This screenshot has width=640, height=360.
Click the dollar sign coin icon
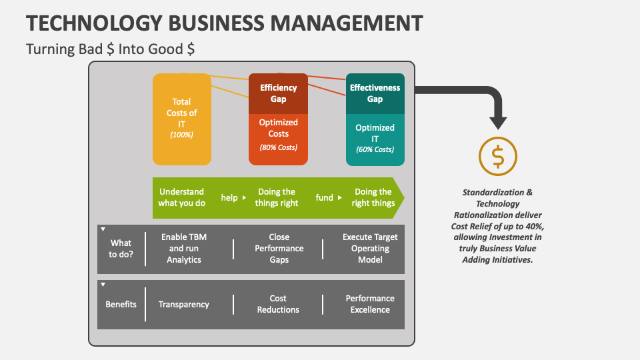(x=497, y=156)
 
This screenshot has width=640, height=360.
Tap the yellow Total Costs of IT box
(x=182, y=119)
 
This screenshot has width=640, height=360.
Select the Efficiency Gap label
(x=278, y=93)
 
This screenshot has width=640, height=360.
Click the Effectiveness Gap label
(x=375, y=93)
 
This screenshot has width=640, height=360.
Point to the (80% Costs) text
(x=278, y=147)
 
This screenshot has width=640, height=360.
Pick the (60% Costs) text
(x=375, y=149)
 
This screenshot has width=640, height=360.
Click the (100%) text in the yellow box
(x=181, y=135)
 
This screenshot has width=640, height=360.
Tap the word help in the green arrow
(x=229, y=198)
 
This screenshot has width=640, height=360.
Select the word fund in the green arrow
(x=325, y=198)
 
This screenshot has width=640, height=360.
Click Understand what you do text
(x=181, y=197)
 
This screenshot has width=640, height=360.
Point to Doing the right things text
(x=373, y=197)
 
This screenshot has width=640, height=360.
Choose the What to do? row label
(x=121, y=248)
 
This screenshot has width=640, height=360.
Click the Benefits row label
(x=121, y=305)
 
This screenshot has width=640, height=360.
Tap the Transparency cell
(x=183, y=305)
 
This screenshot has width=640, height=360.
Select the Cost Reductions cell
(x=278, y=305)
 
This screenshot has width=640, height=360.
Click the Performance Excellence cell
(x=370, y=305)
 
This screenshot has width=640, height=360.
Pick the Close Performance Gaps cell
(x=279, y=248)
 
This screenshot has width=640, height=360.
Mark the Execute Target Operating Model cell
(x=370, y=248)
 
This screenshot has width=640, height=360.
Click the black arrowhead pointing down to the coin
(x=497, y=122)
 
